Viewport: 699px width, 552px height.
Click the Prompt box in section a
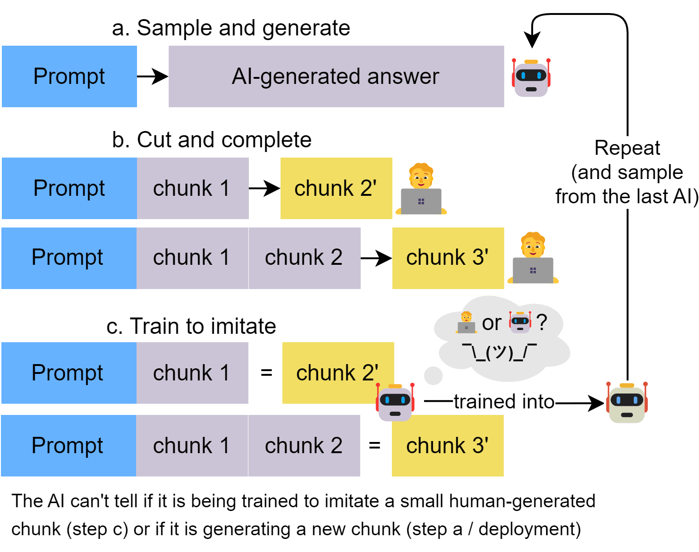tap(69, 76)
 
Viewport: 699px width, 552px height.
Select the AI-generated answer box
tap(336, 76)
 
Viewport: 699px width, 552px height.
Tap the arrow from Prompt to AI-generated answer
tap(153, 76)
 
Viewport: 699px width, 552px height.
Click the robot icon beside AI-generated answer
tap(531, 77)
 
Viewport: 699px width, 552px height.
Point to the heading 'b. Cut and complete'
tap(212, 140)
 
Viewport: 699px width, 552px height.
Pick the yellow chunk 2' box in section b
tap(336, 188)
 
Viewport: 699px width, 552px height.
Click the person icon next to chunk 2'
tap(421, 189)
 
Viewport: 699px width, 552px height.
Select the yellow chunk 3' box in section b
tap(448, 258)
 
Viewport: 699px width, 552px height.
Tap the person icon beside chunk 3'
tap(533, 258)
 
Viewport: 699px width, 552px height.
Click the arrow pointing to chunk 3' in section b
tap(376, 258)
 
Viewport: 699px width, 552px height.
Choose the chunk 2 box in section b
tap(304, 258)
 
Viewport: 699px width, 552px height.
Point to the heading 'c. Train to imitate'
tap(191, 326)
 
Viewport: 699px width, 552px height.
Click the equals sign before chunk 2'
tap(266, 373)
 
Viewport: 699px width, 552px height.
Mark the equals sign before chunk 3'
tap(375, 446)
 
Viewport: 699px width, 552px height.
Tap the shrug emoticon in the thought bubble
tap(500, 352)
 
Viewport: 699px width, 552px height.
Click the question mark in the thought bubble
tap(541, 322)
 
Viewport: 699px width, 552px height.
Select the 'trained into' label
tap(504, 402)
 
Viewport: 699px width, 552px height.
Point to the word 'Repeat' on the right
tap(627, 148)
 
